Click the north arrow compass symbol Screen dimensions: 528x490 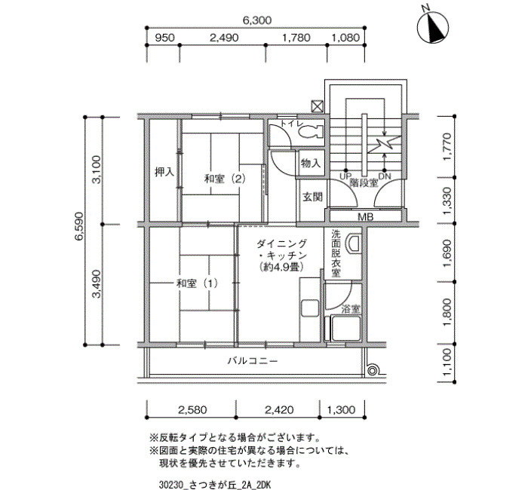click(433, 27)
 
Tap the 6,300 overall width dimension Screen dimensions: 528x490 click(256, 20)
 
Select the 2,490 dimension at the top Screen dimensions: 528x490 click(223, 38)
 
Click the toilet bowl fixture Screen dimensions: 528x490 click(311, 132)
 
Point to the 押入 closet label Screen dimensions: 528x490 click(164, 173)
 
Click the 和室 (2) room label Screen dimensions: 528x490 click(225, 179)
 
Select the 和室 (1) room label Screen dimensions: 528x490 click(198, 283)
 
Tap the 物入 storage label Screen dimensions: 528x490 click(311, 164)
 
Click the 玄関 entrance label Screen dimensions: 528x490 click(312, 197)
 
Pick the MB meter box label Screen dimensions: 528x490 click(365, 217)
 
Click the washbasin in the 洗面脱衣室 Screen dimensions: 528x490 click(353, 243)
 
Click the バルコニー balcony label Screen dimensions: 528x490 click(253, 361)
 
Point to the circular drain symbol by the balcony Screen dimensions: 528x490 click(372, 371)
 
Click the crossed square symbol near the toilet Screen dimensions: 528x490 click(318, 107)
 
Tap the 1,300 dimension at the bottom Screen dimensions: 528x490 click(341, 410)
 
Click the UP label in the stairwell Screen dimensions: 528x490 click(345, 176)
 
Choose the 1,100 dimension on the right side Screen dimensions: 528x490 click(447, 363)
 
